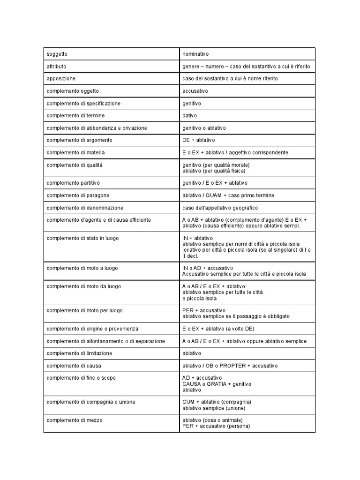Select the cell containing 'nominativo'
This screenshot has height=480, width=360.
pos(195,54)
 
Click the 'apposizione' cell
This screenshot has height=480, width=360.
pos(61,78)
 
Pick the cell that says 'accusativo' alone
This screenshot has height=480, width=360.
pos(195,90)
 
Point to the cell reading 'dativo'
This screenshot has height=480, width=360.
pos(190,115)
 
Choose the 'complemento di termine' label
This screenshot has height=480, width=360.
pos(75,115)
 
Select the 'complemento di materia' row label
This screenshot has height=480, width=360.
pos(75,152)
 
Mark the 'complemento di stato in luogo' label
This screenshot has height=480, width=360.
pos(82,238)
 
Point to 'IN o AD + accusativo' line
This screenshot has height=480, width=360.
pos(207,268)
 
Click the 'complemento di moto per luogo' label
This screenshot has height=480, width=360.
pos(84,310)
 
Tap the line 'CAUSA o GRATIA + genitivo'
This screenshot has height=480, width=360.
pos(217,384)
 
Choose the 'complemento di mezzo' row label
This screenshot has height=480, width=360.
pos(75,420)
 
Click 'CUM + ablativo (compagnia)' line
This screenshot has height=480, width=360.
pos(217,402)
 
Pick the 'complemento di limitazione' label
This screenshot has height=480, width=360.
pos(79,353)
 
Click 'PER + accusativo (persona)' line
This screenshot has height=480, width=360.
pos(216,426)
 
